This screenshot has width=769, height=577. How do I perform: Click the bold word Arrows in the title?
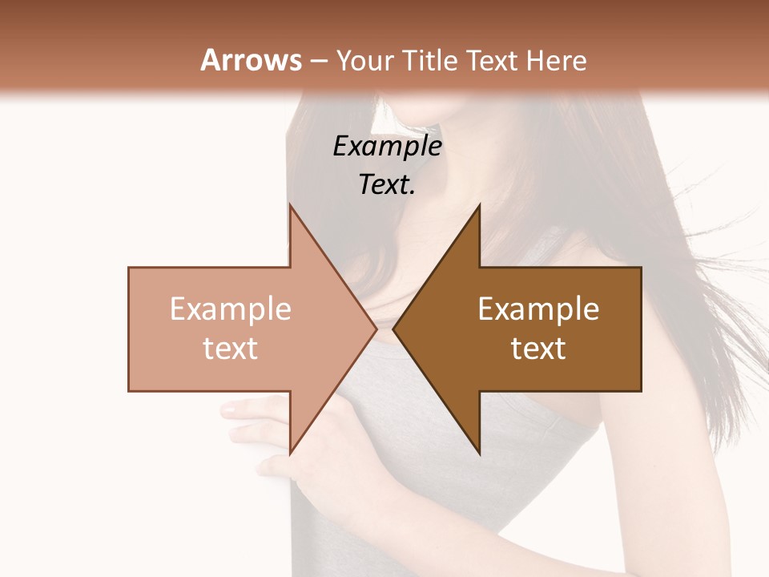252,60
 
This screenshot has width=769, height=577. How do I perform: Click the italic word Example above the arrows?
387,146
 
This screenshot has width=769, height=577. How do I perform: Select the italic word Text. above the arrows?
387,184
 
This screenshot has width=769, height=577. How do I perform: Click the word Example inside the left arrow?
231,309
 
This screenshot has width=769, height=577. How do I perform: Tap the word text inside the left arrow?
231,349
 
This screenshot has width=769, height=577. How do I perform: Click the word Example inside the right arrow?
538,309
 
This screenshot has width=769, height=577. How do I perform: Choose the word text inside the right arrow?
538,349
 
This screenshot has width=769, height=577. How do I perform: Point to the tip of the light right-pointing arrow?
376,329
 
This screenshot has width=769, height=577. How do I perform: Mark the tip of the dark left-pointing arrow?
393,329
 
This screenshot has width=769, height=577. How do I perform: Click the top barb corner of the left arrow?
290,205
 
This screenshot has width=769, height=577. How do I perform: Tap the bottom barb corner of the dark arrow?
480,454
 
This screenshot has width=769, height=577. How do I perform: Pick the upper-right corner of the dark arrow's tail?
641,268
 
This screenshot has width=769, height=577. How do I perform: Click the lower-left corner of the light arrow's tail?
129,390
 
